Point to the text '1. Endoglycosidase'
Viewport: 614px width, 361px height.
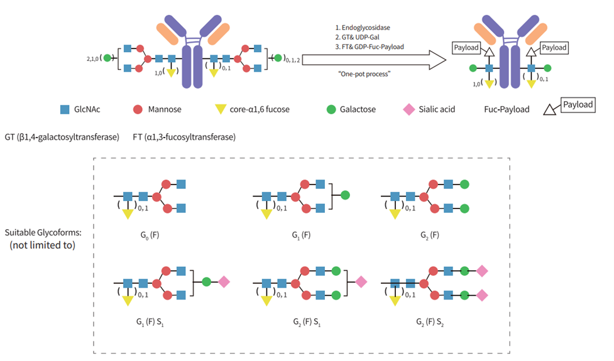coord(363,27)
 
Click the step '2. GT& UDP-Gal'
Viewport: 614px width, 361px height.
coord(359,37)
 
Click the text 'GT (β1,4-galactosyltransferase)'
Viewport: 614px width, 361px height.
coord(62,137)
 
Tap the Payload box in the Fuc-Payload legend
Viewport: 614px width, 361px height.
coord(578,104)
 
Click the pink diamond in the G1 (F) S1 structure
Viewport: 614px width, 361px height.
coord(224,282)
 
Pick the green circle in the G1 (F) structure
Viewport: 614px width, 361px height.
coord(344,195)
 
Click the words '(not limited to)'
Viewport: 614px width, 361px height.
coord(44,245)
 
